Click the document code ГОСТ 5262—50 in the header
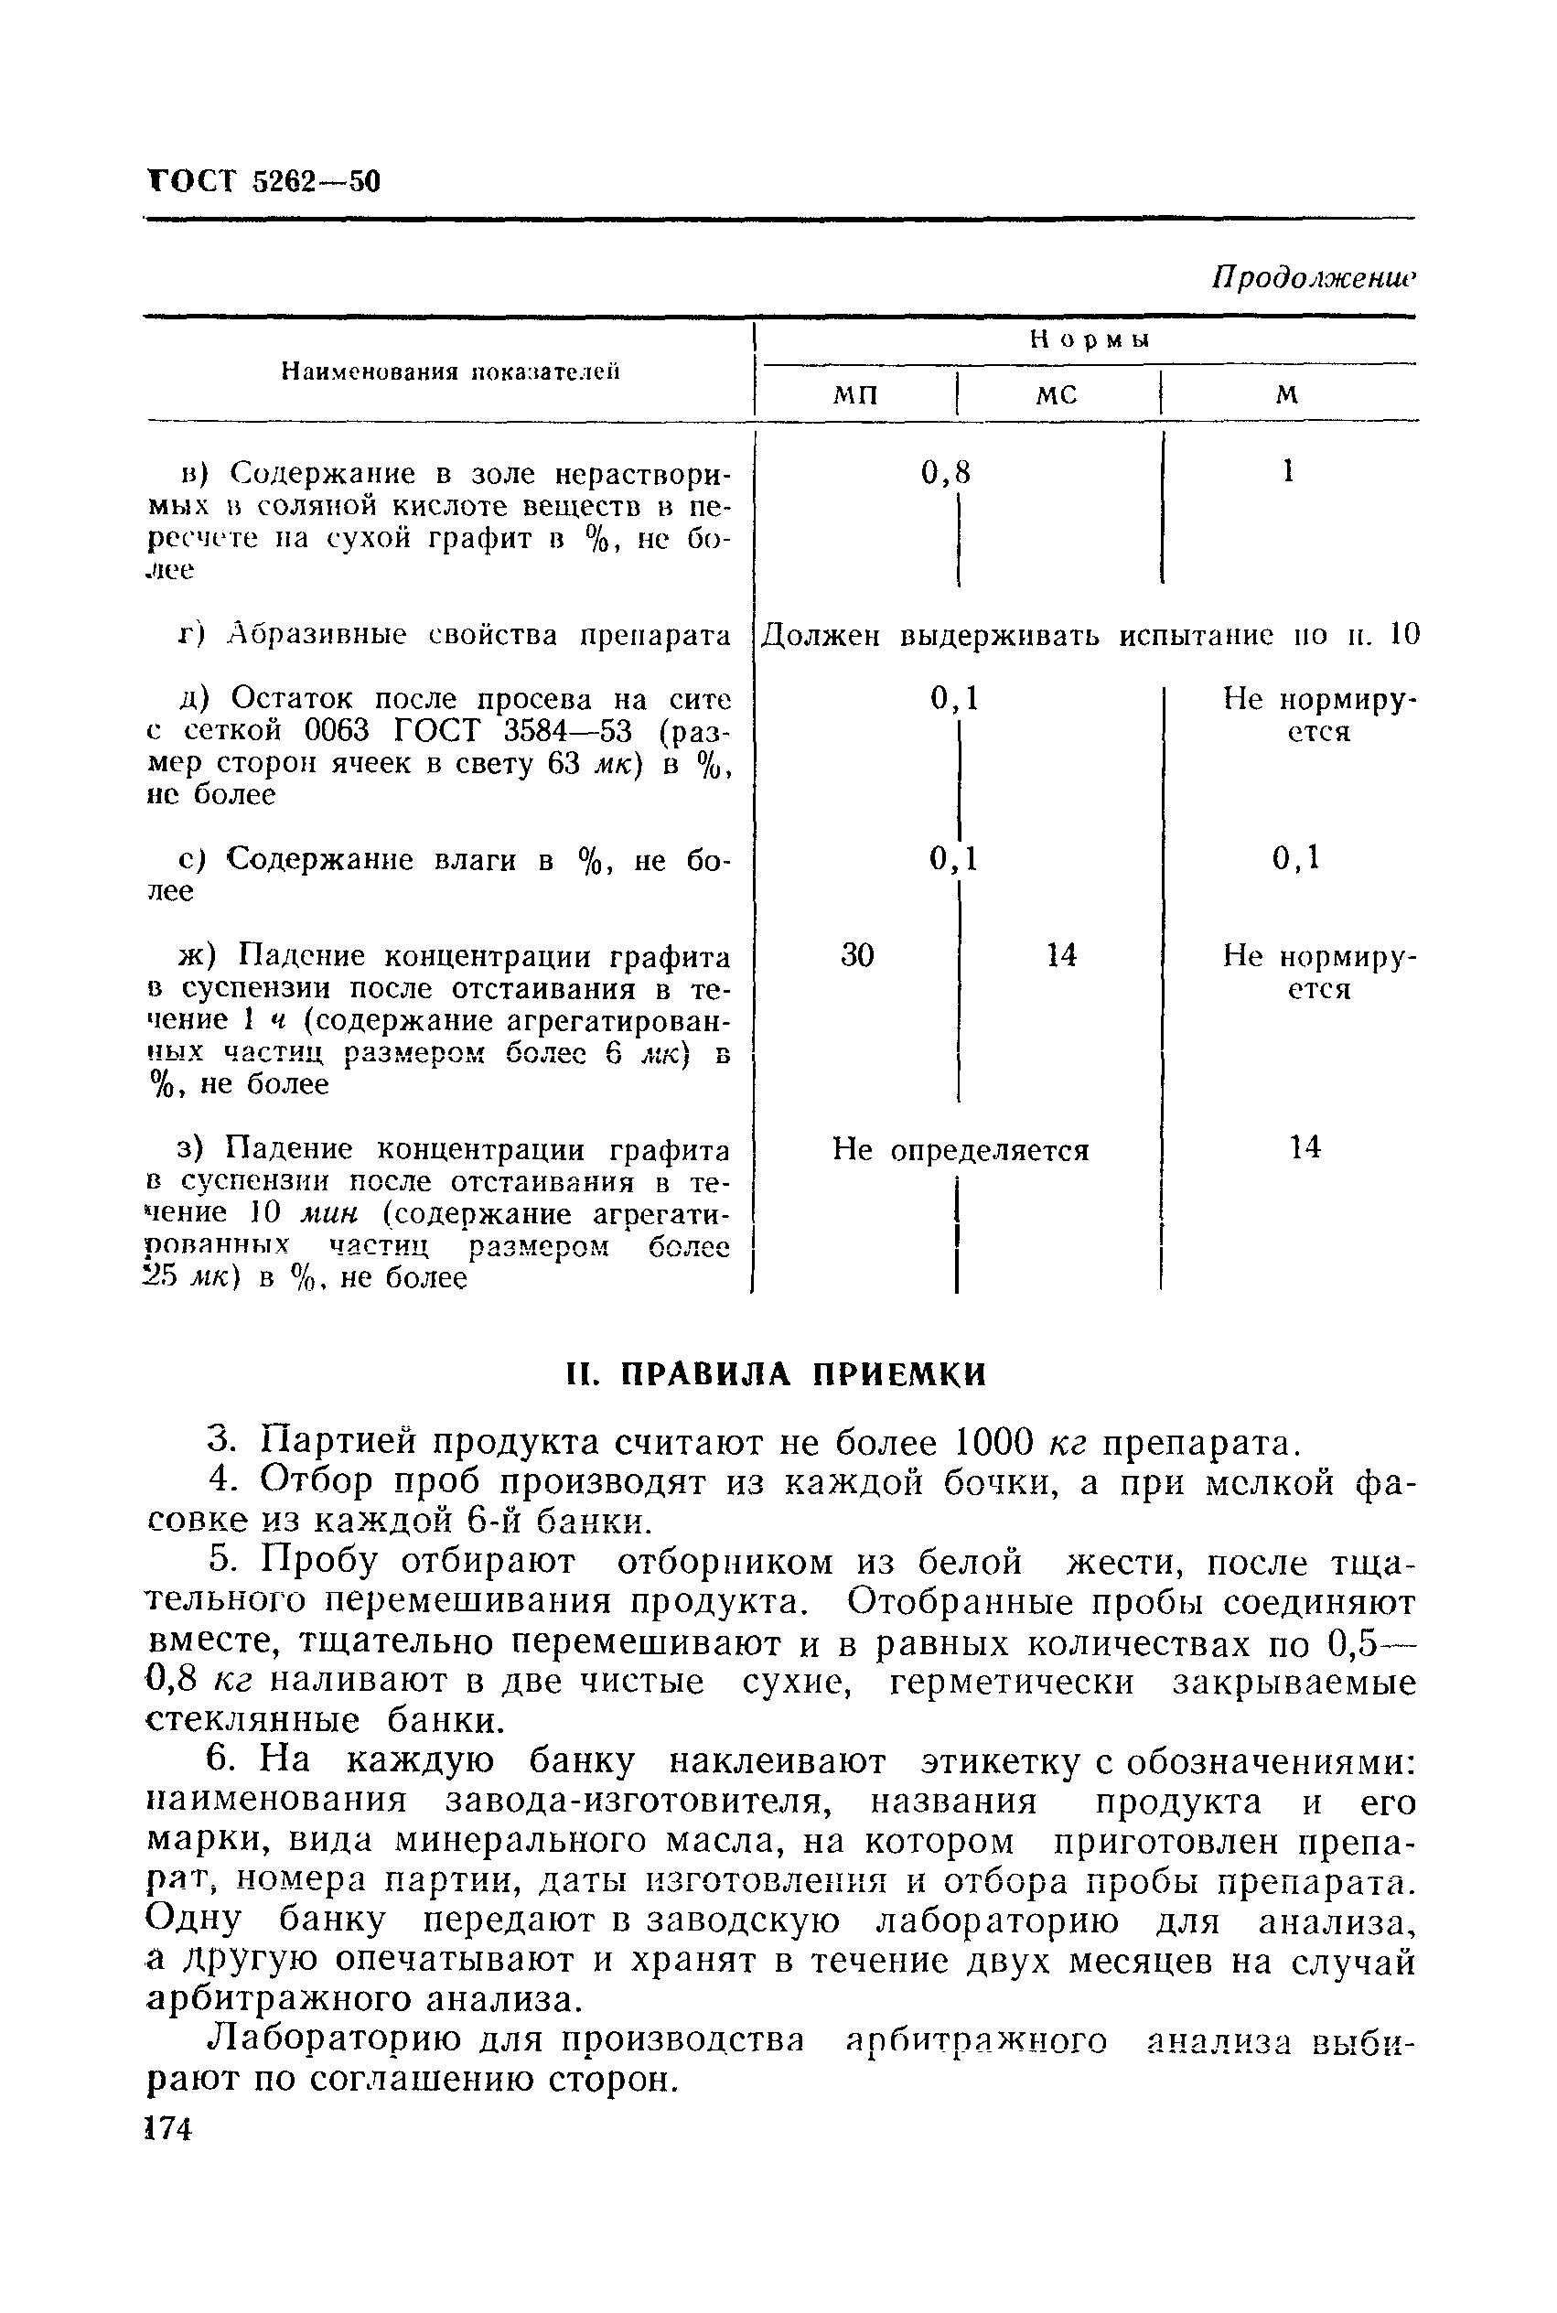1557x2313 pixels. pyautogui.click(x=263, y=182)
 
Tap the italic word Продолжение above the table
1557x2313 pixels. pyautogui.click(x=1312, y=279)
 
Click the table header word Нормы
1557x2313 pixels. pyautogui.click(x=1089, y=339)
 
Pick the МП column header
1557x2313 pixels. pyautogui.click(x=855, y=395)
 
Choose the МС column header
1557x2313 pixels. pyautogui.click(x=1056, y=395)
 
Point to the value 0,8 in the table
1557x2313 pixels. pyautogui.click(x=944, y=473)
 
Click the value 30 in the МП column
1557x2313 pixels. pyautogui.click(x=857, y=955)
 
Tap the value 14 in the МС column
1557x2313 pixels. pyautogui.click(x=1060, y=955)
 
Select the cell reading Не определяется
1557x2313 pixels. pyautogui.click(x=960, y=1150)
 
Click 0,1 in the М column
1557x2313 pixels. pyautogui.click(x=1296, y=857)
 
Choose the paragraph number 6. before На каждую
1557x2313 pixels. pyautogui.click(x=220, y=1759)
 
